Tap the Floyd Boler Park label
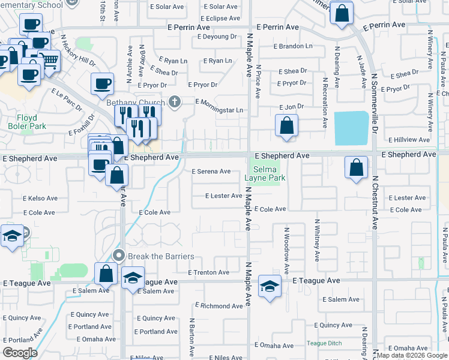pos(22,122)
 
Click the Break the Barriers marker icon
pos(119,256)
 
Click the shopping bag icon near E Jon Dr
pos(287,125)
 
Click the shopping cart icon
pos(49,60)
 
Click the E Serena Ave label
pos(211,172)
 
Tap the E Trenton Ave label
pos(209,272)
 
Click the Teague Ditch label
pos(324,343)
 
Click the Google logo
pos(20,352)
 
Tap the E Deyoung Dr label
pos(217,37)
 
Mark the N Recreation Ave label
pos(325,103)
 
